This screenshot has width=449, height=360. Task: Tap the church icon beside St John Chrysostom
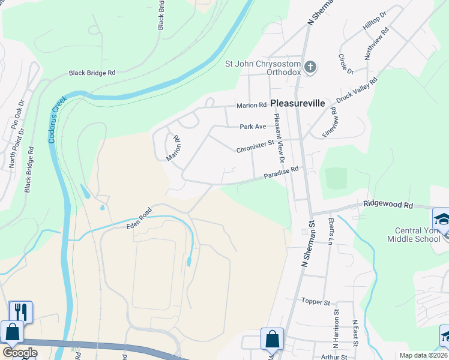coord(310,66)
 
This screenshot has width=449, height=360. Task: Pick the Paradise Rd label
coord(281,173)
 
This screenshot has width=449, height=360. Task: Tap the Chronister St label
coord(255,146)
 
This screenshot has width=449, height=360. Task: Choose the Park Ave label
coord(253,127)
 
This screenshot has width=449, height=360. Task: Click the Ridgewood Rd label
coord(388,205)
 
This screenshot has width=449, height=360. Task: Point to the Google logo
coord(20,352)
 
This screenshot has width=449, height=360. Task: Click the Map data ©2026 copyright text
coord(423,355)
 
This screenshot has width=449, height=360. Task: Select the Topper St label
coord(316,301)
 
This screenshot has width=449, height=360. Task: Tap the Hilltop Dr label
coord(375,21)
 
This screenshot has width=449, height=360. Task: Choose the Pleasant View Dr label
coord(278,138)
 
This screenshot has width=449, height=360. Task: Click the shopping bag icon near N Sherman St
coord(271,339)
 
